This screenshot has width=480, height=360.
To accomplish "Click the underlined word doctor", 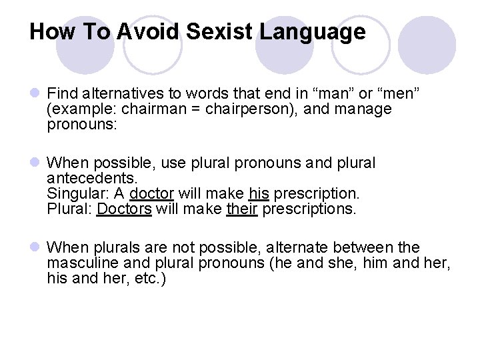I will pos(151,194).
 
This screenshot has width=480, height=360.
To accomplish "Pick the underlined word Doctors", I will pos(124,209).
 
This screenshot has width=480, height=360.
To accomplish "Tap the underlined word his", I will pos(259,194).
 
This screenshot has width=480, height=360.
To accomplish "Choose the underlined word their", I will pos(242,209).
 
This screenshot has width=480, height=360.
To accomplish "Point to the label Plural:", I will pos(70,209).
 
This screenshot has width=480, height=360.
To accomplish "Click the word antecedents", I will pos(92,179).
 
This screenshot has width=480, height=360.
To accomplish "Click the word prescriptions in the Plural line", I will pos(309,209).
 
